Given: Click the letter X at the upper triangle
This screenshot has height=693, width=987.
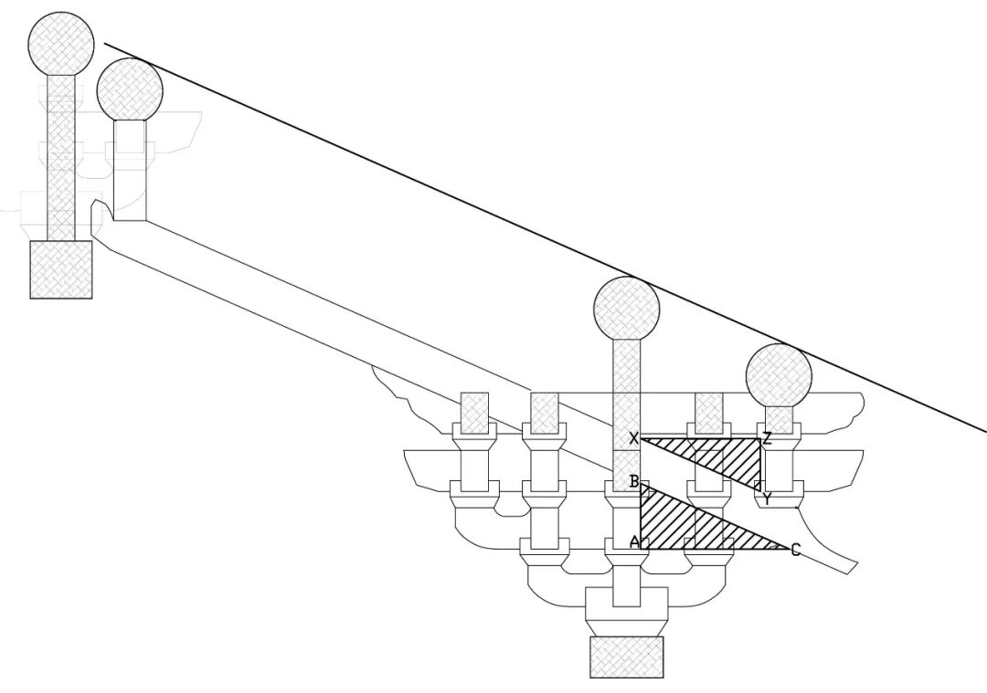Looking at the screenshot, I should (x=633, y=439).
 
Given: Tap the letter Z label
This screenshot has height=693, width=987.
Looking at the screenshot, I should (x=767, y=438).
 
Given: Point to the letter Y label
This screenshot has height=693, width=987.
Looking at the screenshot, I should (x=767, y=499).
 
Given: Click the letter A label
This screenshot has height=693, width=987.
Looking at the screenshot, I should (x=633, y=541).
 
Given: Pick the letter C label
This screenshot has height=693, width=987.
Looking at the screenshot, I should (x=795, y=550).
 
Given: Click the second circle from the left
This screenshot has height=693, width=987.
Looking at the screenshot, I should (x=130, y=89).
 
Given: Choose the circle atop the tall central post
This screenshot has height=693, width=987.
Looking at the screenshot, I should (x=626, y=308).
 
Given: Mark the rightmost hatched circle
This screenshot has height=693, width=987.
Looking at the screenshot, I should (x=779, y=375).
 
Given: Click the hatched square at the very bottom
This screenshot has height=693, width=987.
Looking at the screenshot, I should (x=626, y=657).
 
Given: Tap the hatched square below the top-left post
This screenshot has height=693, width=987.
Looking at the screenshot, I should (x=61, y=268).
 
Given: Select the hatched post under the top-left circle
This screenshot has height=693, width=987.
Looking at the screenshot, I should (x=61, y=155).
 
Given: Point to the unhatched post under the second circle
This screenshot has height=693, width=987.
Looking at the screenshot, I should (x=130, y=169).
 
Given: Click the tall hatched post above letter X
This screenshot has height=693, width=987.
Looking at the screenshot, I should (x=626, y=383).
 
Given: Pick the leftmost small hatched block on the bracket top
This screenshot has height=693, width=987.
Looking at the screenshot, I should (x=474, y=412).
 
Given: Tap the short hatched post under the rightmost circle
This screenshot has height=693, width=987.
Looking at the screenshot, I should (x=779, y=415).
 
